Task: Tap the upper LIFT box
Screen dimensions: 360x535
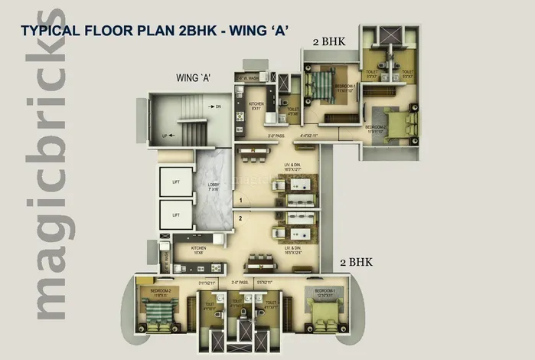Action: coord(176,181)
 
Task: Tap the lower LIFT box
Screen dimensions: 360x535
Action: coord(176,215)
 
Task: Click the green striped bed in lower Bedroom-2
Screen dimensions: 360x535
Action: coord(159,312)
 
